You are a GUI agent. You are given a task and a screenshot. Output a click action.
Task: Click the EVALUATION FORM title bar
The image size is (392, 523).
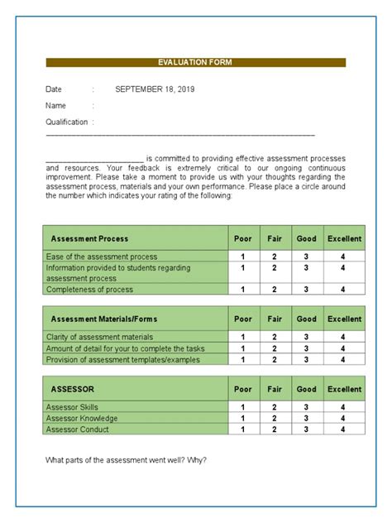pos(195,62)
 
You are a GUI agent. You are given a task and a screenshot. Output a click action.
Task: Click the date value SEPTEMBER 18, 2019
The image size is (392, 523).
pos(155,89)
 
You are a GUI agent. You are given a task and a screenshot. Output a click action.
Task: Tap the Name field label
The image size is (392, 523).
pos(55,106)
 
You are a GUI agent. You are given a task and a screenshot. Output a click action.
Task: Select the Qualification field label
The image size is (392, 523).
pos(66,122)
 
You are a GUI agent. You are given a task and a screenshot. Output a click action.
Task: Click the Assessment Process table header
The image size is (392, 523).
pos(89,239)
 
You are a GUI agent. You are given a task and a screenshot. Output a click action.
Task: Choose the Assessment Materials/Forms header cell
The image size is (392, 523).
pos(103,319)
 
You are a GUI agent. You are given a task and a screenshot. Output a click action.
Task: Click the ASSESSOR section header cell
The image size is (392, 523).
pos(73,389)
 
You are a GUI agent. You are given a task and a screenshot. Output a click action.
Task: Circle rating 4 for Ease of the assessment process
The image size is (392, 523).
pos(343,257)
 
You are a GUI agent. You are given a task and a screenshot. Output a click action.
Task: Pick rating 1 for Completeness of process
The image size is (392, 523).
pos(242,290)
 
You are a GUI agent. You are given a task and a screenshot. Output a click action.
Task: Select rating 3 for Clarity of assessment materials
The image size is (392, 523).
pos(306,337)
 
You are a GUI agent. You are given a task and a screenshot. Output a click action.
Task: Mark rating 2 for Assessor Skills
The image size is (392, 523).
pos(275,407)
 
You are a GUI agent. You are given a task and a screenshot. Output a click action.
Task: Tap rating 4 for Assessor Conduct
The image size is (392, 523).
pos(343,429)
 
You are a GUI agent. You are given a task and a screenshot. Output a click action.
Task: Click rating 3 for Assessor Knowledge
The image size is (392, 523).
pos(306,419)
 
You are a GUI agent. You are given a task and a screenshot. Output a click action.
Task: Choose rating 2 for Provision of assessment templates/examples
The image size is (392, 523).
pos(275,360)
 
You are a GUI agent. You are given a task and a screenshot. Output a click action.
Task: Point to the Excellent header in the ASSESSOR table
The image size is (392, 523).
pos(344,389)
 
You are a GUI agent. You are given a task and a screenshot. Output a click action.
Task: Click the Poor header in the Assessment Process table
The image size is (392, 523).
pos(243,239)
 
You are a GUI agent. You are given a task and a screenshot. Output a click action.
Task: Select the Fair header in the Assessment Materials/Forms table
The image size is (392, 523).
pos(275,319)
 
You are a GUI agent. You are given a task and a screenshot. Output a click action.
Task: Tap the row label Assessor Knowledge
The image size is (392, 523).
pos(82,419)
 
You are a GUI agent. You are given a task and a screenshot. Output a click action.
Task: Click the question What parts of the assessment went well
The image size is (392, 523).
pos(125,460)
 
